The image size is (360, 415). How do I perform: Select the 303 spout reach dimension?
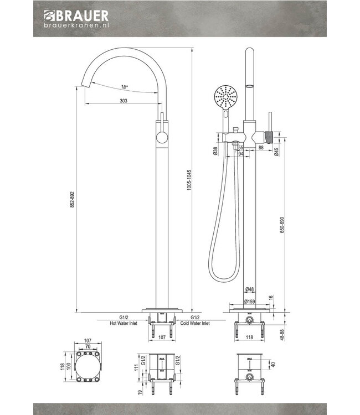124,101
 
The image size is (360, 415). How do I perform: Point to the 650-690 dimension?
283,225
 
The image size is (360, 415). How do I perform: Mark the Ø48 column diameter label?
250,289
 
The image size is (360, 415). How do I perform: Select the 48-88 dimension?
283,334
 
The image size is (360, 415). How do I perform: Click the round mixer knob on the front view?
162,138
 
